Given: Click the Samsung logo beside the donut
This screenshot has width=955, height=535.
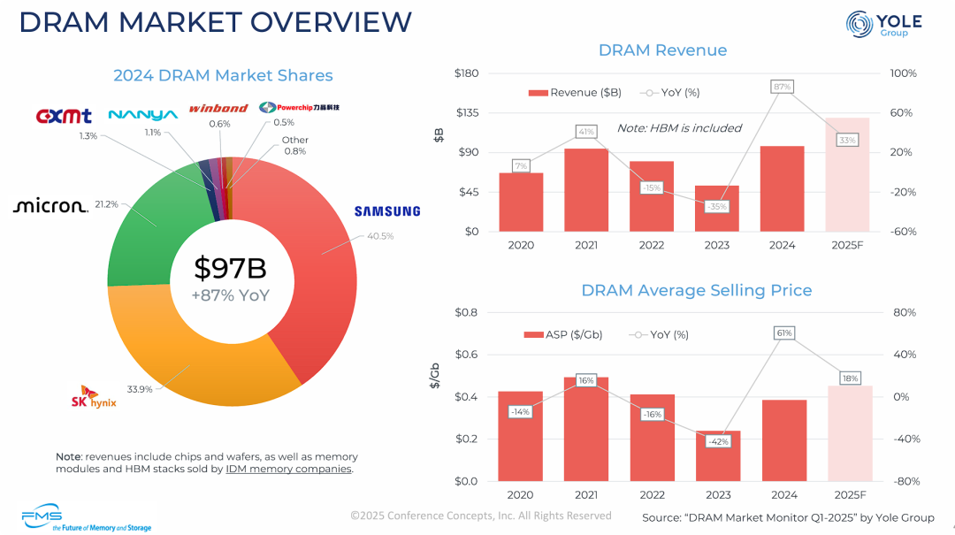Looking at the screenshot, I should click(387, 211).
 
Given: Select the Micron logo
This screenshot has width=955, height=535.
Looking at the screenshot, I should click(50, 206).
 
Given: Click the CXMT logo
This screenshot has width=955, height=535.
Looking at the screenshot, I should click(64, 116).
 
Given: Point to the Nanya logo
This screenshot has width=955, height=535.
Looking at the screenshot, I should click(142, 114).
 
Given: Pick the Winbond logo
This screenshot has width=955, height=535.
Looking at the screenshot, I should click(218, 108).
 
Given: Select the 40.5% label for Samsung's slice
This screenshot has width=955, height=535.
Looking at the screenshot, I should click(380, 236).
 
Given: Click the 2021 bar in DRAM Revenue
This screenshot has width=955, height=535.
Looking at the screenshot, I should click(586, 190).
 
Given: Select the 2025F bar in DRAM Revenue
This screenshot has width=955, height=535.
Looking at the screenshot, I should click(847, 175).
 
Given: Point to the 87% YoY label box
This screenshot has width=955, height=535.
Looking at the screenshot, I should click(782, 87).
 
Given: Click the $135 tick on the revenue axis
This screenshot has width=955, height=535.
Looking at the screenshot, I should click(466, 112).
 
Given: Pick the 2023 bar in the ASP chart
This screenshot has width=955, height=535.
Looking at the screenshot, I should click(717, 456).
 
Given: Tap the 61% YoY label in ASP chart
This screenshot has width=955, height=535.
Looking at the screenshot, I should click(783, 333).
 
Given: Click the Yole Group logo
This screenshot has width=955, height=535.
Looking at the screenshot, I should click(883, 25).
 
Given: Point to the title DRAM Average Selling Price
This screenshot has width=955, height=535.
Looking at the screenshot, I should click(696, 290).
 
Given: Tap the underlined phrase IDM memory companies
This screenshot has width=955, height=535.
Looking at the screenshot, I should click(288, 469).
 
